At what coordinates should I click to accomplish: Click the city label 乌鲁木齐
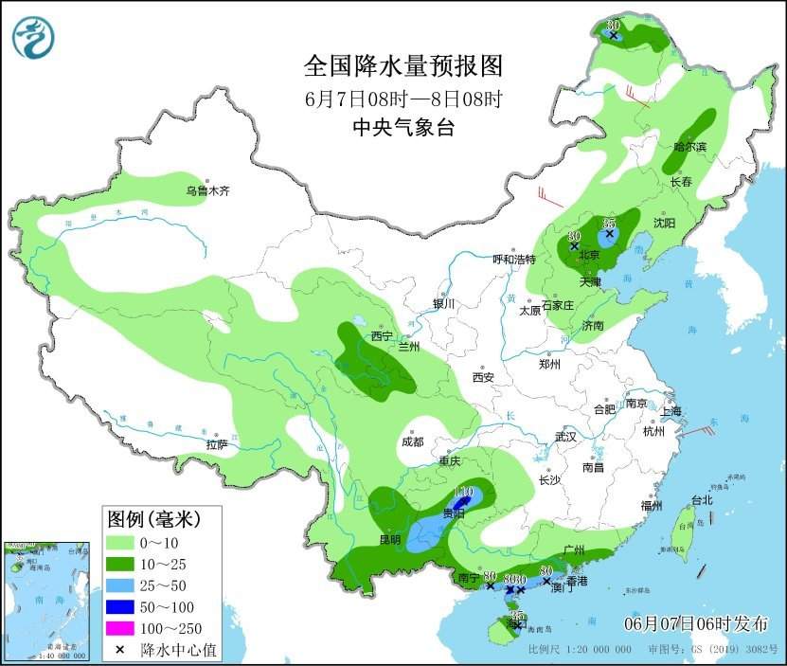207,190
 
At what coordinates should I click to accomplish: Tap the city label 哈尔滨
689,147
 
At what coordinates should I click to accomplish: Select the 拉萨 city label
216,444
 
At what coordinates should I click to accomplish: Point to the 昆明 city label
389,540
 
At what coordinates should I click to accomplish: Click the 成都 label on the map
412,441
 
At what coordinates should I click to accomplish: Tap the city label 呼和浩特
514,259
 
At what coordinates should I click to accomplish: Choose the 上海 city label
671,411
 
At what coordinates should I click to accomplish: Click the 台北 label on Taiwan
701,500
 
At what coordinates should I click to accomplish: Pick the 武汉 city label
566,437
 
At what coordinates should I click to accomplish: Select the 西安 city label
483,377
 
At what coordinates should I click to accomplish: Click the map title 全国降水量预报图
402,65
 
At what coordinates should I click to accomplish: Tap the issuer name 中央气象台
402,128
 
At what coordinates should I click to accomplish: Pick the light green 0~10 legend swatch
120,543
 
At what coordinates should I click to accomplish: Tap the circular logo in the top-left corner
33,37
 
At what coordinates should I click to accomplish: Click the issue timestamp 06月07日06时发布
696,622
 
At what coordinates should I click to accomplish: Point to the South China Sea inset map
46,601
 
